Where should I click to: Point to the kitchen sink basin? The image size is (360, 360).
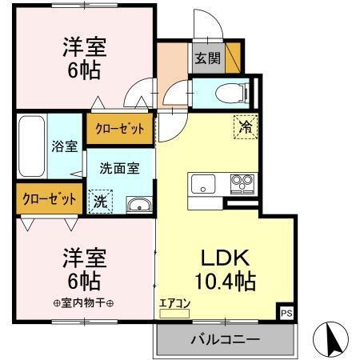[204, 183]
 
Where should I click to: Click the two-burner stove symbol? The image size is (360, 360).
[241, 183]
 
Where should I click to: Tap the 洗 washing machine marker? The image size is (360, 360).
[100, 200]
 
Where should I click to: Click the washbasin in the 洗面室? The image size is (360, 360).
[139, 204]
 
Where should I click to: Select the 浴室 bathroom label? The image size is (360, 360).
[66, 146]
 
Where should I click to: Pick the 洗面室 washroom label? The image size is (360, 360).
[118, 169]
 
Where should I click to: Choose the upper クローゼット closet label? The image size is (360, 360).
[120, 129]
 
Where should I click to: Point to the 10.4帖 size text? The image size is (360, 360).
[226, 282]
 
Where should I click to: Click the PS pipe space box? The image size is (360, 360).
[286, 313]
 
